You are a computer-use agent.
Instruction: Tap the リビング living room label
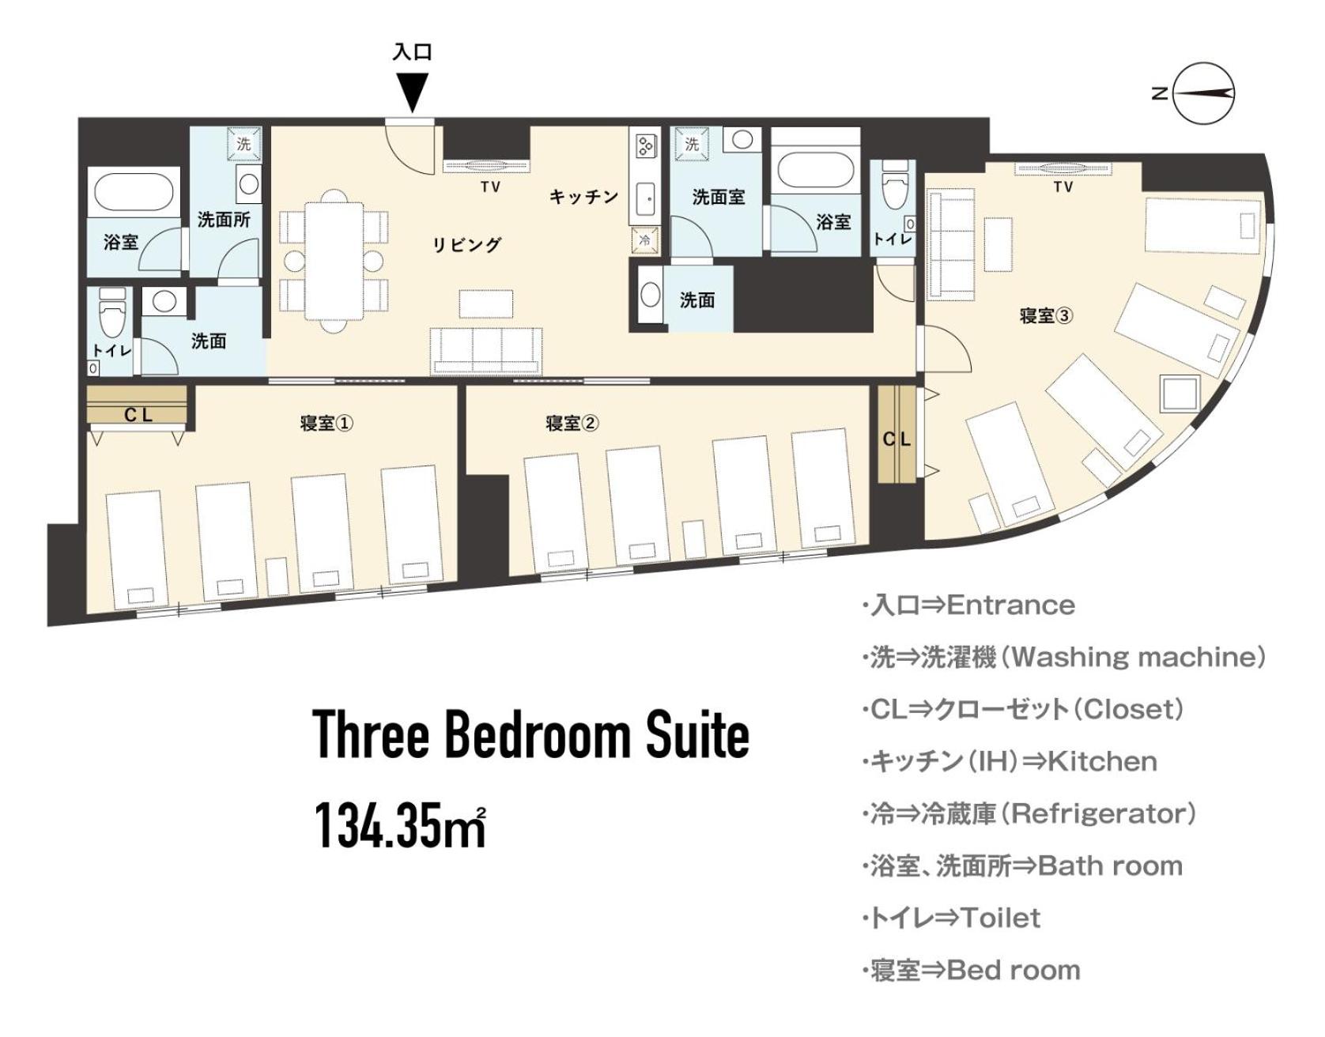pyautogui.click(x=466, y=245)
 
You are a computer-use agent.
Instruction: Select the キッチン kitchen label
pyautogui.click(x=584, y=197)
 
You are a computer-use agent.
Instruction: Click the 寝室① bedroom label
pyautogui.click(x=327, y=423)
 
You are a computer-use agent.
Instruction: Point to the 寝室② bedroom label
pyautogui.click(x=572, y=423)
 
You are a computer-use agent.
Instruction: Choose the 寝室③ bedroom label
pyautogui.click(x=1046, y=316)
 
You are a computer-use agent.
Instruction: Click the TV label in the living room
pyautogui.click(x=491, y=187)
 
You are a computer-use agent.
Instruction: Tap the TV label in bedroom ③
pyautogui.click(x=1063, y=187)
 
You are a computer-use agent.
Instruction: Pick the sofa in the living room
pyautogui.click(x=486, y=350)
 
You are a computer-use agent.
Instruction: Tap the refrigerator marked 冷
pyautogui.click(x=644, y=239)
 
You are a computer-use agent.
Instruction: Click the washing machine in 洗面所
pyautogui.click(x=243, y=143)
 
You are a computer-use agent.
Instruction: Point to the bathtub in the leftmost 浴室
pyautogui.click(x=134, y=191)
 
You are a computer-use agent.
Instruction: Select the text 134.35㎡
pyautogui.click(x=400, y=824)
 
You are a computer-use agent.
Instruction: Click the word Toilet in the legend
pyautogui.click(x=1000, y=918)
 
